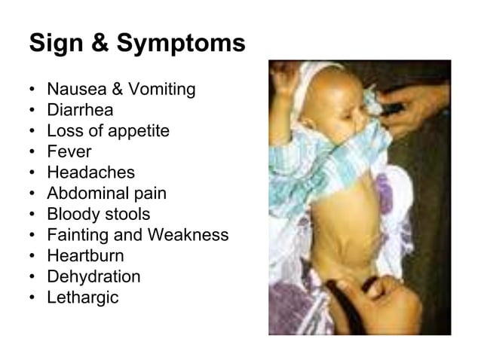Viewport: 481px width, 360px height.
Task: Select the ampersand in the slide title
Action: [102, 44]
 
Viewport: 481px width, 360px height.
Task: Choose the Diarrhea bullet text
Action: [80, 110]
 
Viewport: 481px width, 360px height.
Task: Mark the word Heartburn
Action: [85, 255]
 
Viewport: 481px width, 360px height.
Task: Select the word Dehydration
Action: [93, 276]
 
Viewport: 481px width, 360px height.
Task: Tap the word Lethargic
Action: [83, 297]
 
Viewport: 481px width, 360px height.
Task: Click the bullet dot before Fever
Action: [34, 152]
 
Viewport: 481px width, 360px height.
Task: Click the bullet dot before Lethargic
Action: [34, 297]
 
